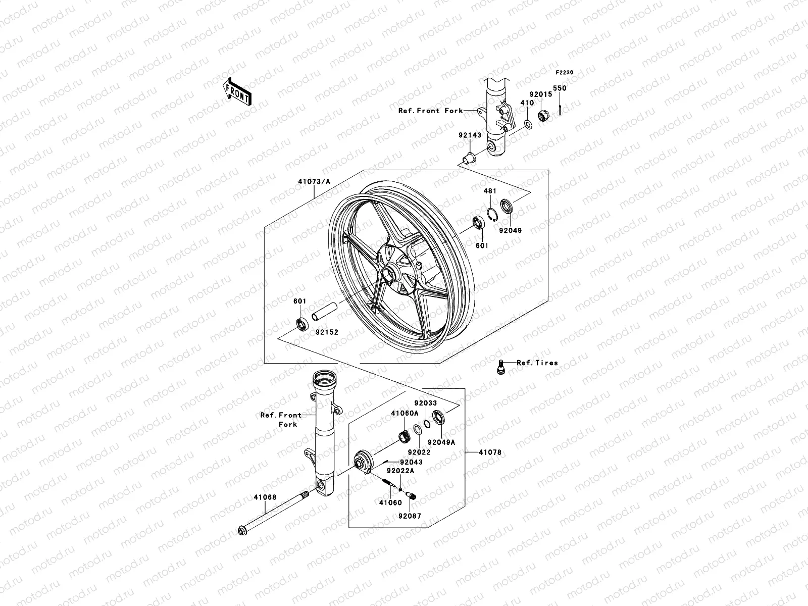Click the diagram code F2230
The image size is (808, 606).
click(565, 73)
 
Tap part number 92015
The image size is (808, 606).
click(554, 94)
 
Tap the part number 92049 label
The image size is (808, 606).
click(511, 231)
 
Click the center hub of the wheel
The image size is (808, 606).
click(389, 275)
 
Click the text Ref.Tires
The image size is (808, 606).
click(537, 363)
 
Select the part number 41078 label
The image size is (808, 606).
click(490, 452)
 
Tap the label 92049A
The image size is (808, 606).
click(444, 442)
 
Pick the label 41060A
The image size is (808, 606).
click(404, 413)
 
